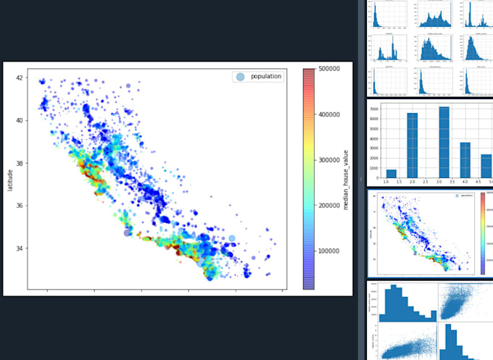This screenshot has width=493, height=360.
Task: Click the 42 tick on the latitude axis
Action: tap(21, 78)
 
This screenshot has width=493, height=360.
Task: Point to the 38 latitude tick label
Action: tap(21, 163)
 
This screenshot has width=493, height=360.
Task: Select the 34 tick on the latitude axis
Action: tap(21, 248)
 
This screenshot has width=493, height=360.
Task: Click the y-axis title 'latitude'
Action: tap(9, 178)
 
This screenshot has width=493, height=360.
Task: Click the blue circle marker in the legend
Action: tap(240, 76)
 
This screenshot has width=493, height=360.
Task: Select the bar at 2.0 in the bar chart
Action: tap(413, 145)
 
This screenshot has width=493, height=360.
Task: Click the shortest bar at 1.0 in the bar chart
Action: tap(391, 173)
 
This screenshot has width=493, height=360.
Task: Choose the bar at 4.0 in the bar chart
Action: tap(465, 159)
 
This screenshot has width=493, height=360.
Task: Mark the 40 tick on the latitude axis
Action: tap(21, 120)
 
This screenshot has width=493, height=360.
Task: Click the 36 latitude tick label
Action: tap(21, 206)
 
